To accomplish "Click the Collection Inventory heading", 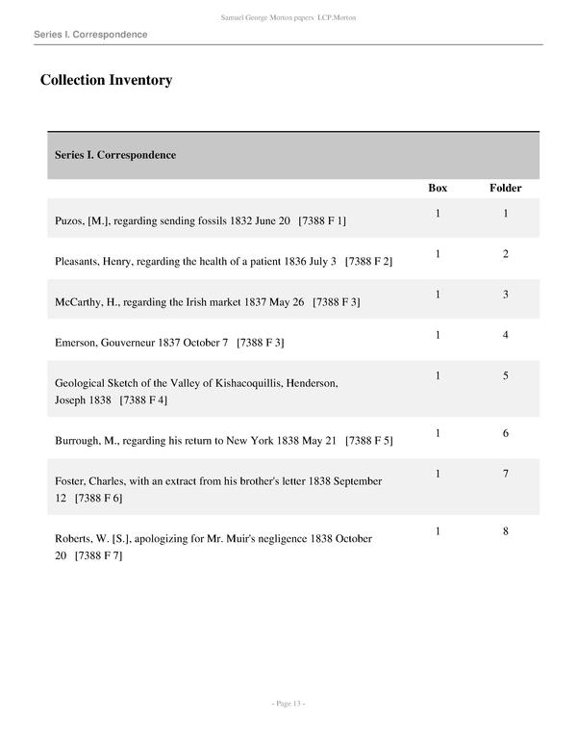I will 106,80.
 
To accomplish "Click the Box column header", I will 438,188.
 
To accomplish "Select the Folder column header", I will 506,188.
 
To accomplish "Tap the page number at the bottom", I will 288,704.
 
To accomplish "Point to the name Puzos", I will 70,220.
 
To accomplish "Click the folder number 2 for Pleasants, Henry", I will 506,254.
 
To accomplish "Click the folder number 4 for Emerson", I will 506,335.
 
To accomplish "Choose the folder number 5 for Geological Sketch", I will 506,375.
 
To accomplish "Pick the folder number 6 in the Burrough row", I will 506,433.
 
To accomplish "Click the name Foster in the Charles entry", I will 71,480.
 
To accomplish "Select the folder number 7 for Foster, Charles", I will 506,474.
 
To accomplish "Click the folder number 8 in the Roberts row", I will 506,531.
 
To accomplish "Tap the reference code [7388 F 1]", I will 322,220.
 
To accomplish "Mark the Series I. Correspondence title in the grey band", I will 115,155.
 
